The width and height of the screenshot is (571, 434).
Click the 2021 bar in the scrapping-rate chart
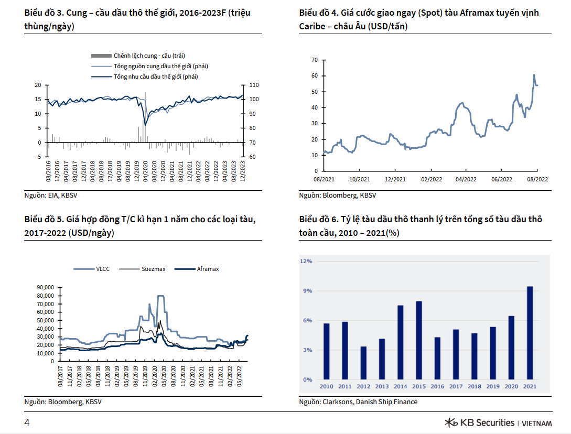(x=530, y=333)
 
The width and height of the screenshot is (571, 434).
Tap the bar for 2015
(x=419, y=340)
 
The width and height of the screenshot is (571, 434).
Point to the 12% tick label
(x=306, y=261)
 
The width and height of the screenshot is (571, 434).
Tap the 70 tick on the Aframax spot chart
(x=315, y=60)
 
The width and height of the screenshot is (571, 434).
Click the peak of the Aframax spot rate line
(x=534, y=75)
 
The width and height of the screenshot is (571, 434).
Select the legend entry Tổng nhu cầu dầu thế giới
(x=155, y=77)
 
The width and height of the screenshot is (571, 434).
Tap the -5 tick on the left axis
(x=38, y=157)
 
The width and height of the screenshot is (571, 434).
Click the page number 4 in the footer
(x=27, y=423)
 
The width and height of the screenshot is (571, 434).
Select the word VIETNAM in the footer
(x=537, y=424)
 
